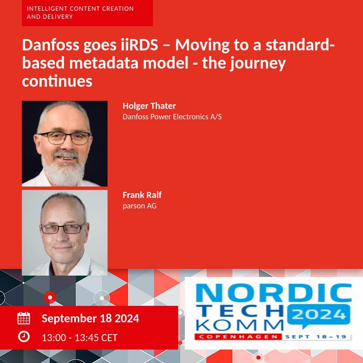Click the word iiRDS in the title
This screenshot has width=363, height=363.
[x=139, y=45]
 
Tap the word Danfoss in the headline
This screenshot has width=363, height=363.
[x=51, y=45]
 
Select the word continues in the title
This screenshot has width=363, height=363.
[x=57, y=81]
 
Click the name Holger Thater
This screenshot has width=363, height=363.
[x=149, y=106]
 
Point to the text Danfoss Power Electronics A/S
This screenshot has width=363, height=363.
[x=172, y=116]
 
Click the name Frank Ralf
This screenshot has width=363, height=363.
[x=142, y=195]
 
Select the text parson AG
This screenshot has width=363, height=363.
[x=139, y=206]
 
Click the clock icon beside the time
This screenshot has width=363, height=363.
[x=24, y=336]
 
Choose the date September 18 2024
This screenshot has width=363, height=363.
[x=90, y=319]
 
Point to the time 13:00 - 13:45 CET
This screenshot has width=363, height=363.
[x=80, y=338]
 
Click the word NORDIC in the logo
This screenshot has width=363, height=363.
[x=274, y=293]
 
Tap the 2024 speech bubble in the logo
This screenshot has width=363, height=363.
[x=319, y=315]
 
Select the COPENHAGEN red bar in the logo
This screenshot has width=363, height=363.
[x=238, y=336]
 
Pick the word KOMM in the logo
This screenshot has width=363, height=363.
[x=240, y=325]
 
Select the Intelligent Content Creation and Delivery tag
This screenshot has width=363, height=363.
[x=87, y=13]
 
